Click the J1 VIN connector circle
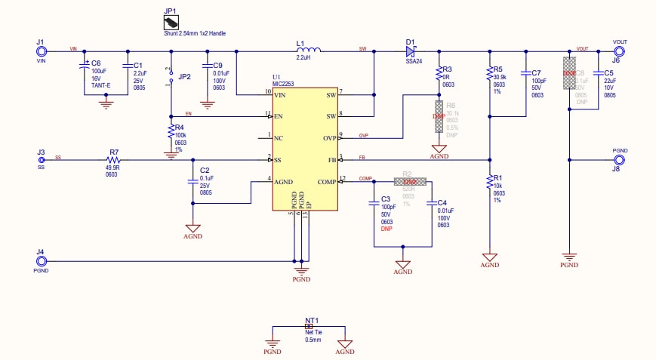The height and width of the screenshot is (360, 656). point(42,51)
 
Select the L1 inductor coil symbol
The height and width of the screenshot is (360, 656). point(308,51)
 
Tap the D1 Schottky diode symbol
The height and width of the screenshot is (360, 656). point(411,51)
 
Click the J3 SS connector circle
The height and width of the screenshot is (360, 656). point(42,160)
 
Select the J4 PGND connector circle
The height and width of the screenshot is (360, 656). point(42,261)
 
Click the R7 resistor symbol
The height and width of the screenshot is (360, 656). point(114,160)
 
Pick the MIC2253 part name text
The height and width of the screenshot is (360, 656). point(288,84)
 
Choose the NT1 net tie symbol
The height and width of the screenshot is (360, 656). point(309,326)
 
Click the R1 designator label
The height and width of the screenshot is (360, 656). point(497,178)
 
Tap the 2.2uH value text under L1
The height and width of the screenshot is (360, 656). point(304,58)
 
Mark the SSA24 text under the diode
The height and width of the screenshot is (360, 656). point(414,62)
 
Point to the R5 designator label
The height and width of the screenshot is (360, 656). point(497,69)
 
